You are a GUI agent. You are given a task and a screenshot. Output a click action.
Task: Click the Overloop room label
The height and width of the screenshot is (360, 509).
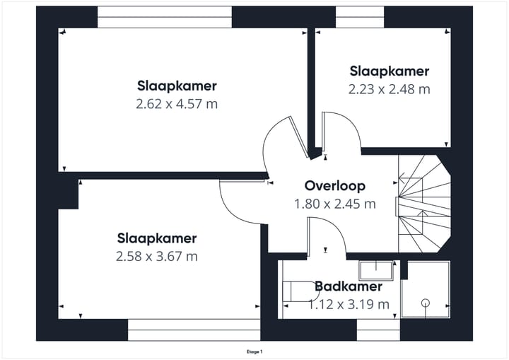[x=334, y=186]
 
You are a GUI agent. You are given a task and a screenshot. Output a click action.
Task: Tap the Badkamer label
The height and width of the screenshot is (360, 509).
[x=349, y=286]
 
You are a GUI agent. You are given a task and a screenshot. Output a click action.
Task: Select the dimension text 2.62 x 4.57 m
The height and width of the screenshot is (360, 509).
[x=177, y=104]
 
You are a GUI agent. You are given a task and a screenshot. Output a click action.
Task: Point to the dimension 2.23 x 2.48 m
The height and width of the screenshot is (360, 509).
[x=389, y=89]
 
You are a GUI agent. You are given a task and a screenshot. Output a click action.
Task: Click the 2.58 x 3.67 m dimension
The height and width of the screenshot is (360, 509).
[x=157, y=257]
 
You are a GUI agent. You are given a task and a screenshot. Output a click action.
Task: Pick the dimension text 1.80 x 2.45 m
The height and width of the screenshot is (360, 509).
[x=334, y=204]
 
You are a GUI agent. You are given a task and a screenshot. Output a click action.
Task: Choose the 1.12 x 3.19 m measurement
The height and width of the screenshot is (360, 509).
[x=349, y=305]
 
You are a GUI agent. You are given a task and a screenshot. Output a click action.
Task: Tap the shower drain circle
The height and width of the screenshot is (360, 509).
[x=426, y=303]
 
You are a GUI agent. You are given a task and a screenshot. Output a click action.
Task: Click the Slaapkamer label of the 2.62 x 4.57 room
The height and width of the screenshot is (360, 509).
[x=177, y=86]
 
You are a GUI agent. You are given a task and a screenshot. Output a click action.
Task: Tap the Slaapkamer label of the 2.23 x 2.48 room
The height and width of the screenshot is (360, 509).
[x=389, y=71]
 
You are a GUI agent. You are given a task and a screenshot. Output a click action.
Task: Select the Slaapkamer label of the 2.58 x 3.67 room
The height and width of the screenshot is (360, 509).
[x=157, y=238]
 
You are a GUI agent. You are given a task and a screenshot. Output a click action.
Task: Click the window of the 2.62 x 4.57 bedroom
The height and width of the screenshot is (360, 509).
[x=164, y=17]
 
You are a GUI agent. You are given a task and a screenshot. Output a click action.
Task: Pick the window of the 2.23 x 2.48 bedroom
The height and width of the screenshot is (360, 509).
[x=360, y=17]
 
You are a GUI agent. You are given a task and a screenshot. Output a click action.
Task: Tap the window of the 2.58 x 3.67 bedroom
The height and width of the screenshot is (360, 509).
[x=194, y=330]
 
